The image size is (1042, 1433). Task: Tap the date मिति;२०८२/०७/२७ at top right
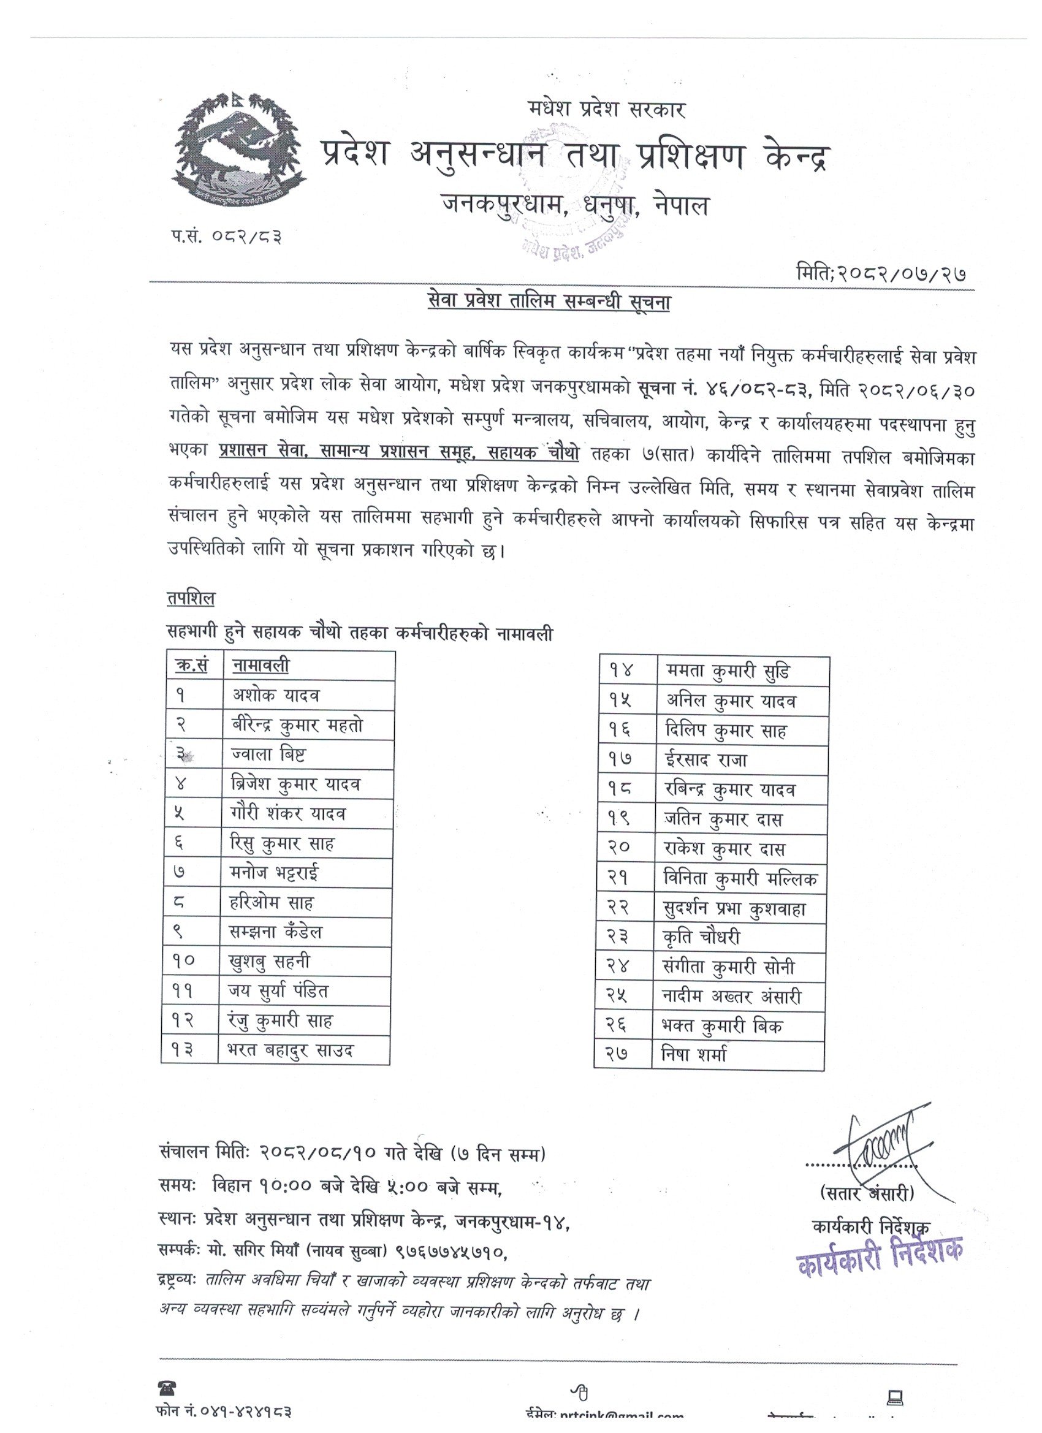tap(881, 273)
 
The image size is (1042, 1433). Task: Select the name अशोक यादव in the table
tap(276, 696)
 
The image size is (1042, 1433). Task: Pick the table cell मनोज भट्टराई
tap(274, 873)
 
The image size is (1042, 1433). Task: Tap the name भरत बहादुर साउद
tap(291, 1050)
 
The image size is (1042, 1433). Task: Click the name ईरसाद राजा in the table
tap(706, 760)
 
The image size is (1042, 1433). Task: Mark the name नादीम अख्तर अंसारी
tap(732, 997)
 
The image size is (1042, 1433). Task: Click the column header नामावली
tap(260, 666)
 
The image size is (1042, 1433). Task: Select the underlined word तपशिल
tap(191, 598)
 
